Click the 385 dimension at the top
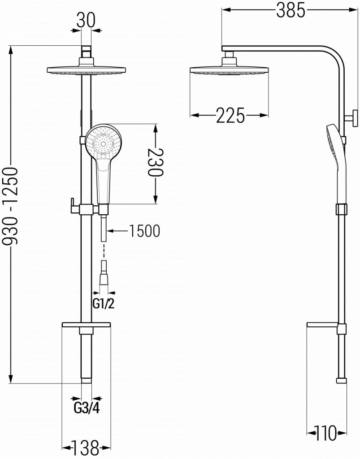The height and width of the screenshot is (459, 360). [x=290, y=10]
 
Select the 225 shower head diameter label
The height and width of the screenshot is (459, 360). [x=230, y=116]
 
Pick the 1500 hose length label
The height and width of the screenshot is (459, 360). [x=144, y=231]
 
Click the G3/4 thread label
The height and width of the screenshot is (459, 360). [x=86, y=408]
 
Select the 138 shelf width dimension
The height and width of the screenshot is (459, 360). [x=86, y=446]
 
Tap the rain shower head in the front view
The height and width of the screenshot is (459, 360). [x=86, y=70]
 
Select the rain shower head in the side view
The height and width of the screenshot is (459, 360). [x=230, y=70]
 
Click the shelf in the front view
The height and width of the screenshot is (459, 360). [x=86, y=324]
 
